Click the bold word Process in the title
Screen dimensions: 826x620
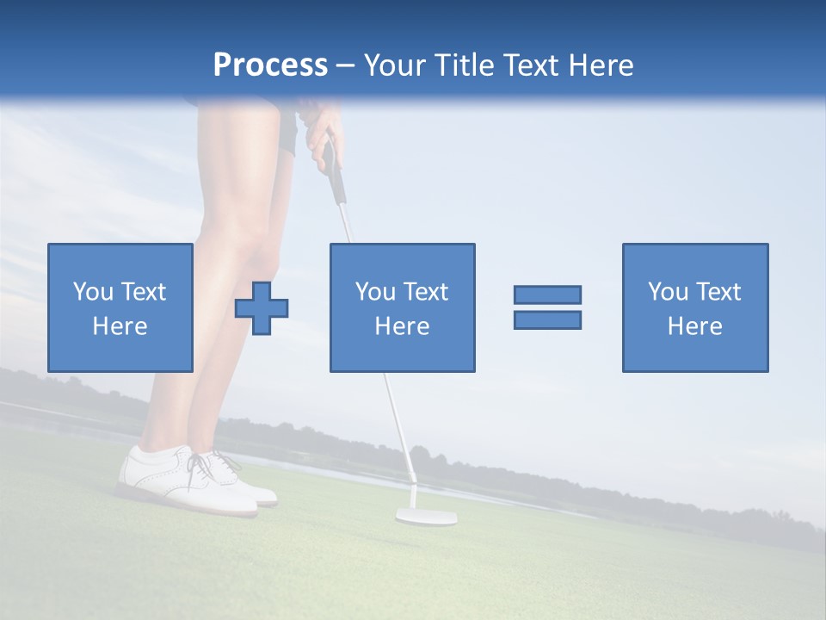(x=270, y=65)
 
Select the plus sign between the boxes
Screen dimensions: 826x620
(x=262, y=308)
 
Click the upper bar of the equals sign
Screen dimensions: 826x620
(x=547, y=294)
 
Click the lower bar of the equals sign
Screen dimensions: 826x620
(x=547, y=319)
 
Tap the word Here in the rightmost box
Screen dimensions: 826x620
(x=695, y=326)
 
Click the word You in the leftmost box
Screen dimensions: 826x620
(x=93, y=292)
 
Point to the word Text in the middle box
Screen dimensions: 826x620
(x=426, y=292)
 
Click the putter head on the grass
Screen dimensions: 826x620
(x=426, y=517)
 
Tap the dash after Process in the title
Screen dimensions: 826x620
(x=345, y=65)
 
